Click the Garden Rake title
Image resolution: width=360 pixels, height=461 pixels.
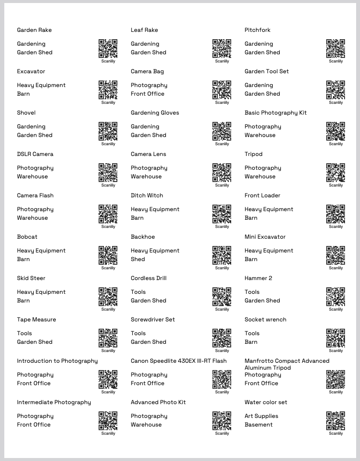[34, 30]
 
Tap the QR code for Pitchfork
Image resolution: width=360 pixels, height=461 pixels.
[335, 48]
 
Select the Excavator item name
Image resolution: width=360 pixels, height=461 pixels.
[31, 72]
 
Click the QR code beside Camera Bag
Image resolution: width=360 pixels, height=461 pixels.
[222, 90]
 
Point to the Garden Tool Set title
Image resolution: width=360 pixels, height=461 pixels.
[266, 72]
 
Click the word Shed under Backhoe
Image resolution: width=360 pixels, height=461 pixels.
[138, 259]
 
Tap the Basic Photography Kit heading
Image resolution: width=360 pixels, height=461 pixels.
[275, 113]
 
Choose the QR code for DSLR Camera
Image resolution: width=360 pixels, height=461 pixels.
[108, 172]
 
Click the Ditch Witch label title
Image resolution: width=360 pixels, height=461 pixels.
[147, 196]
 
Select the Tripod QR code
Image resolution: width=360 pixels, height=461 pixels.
[335, 172]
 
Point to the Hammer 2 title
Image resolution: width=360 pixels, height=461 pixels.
[258, 278]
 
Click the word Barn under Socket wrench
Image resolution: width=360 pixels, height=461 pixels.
[251, 342]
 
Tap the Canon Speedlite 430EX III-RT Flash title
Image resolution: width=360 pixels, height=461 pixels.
[178, 361]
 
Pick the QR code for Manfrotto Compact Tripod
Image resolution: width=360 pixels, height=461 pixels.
[335, 379]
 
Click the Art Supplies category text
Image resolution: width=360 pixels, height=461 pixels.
[261, 416]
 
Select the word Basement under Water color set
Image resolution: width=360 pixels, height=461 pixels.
[259, 425]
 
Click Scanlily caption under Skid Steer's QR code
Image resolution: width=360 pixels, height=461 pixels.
[108, 309]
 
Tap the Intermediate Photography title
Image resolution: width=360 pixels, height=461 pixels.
[54, 402]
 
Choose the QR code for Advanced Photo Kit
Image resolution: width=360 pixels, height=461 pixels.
[222, 421]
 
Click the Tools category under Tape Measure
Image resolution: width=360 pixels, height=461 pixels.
[25, 333]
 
